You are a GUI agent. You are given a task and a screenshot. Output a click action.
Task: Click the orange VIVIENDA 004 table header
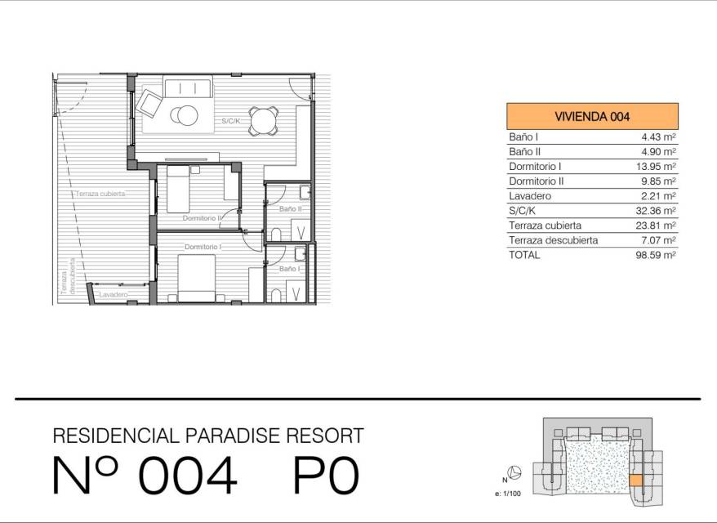click(592, 116)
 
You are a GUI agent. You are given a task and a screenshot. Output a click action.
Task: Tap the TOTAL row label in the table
click(524, 255)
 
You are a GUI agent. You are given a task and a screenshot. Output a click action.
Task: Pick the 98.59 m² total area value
click(656, 255)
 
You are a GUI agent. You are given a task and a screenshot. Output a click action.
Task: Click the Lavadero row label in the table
click(530, 196)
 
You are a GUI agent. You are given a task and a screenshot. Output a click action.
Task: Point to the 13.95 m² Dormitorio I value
click(656, 167)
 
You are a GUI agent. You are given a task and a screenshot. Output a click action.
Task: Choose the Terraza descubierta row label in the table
click(554, 240)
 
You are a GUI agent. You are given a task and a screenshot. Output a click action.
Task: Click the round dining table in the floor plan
click(263, 120)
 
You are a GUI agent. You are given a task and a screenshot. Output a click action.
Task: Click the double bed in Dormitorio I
click(196, 278)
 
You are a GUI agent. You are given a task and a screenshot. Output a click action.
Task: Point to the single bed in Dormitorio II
click(178, 189)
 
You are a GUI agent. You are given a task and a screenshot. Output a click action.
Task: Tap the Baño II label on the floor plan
click(291, 208)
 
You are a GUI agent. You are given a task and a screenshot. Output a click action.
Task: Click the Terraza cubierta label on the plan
click(100, 194)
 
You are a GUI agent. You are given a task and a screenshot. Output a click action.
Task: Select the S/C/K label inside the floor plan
click(231, 121)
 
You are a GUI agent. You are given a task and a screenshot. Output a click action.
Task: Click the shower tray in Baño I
click(296, 292)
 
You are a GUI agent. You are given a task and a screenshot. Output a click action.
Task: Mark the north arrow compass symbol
click(516, 472)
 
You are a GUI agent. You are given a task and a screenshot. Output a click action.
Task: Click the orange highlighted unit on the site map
click(636, 480)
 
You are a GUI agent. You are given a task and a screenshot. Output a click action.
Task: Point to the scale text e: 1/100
click(508, 494)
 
